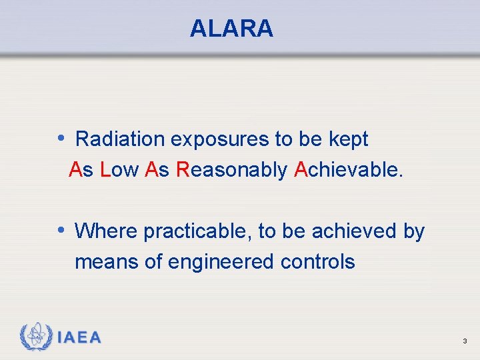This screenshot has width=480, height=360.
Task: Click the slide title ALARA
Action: (231, 29)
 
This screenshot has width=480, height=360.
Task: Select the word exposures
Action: (219, 139)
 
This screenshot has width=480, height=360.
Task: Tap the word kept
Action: (348, 139)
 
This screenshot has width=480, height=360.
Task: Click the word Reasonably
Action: (231, 171)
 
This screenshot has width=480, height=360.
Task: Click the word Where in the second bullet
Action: (107, 231)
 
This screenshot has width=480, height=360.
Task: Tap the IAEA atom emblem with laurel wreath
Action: (37, 337)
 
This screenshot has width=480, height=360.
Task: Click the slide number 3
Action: (465, 341)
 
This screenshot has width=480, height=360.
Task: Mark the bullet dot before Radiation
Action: (61, 139)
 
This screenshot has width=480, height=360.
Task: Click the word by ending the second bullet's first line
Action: (414, 232)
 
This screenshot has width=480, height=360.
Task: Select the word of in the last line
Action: (153, 262)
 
